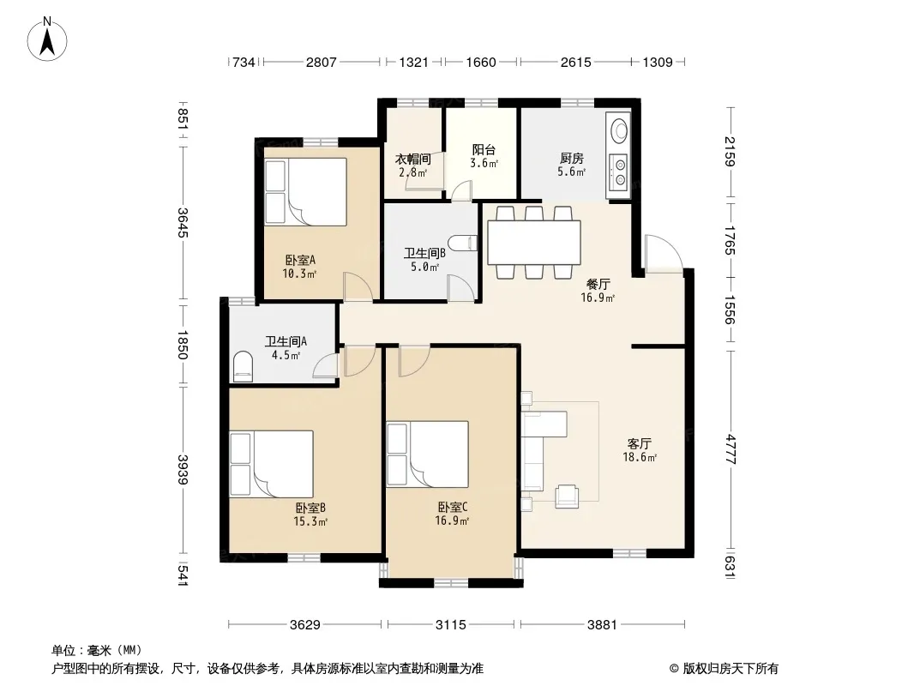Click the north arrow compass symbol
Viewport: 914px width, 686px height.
pyautogui.click(x=47, y=39)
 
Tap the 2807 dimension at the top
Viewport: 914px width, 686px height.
pyautogui.click(x=322, y=62)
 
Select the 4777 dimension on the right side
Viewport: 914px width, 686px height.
pyautogui.click(x=730, y=448)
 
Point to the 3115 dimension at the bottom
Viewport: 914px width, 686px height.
pyautogui.click(x=451, y=625)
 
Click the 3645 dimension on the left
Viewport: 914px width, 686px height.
pyautogui.click(x=183, y=223)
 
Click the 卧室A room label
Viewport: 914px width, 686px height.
pyautogui.click(x=300, y=260)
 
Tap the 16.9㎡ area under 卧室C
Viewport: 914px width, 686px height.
pyautogui.click(x=452, y=521)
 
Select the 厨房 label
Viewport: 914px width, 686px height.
pyautogui.click(x=571, y=158)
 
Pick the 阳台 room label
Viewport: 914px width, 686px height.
pyautogui.click(x=484, y=150)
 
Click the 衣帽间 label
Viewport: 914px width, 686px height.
pyautogui.click(x=413, y=159)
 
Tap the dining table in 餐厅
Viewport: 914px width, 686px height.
pyautogui.click(x=534, y=243)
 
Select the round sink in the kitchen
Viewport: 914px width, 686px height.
pyautogui.click(x=618, y=129)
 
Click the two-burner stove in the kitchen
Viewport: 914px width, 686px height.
pyautogui.click(x=619, y=171)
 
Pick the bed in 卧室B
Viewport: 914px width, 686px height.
pyautogui.click(x=271, y=464)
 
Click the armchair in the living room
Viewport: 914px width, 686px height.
pyautogui.click(x=567, y=496)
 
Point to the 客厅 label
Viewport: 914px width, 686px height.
pyautogui.click(x=640, y=444)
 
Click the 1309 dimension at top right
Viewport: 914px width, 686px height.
pyautogui.click(x=658, y=62)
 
